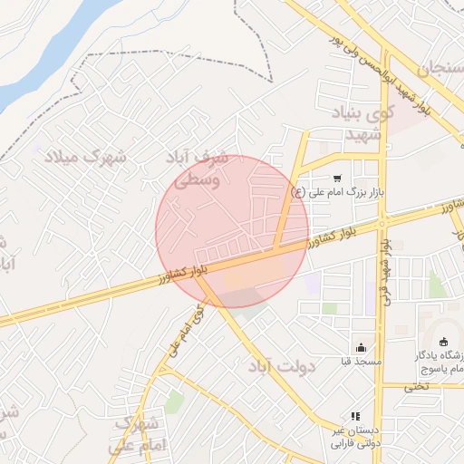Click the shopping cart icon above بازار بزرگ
[x=337, y=179]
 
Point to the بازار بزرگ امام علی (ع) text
[x=334, y=192]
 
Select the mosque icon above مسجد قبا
[x=362, y=347]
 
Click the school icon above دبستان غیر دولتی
[x=354, y=416]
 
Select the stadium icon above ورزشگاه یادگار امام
[x=443, y=342]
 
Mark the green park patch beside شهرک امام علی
[x=173, y=402]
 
